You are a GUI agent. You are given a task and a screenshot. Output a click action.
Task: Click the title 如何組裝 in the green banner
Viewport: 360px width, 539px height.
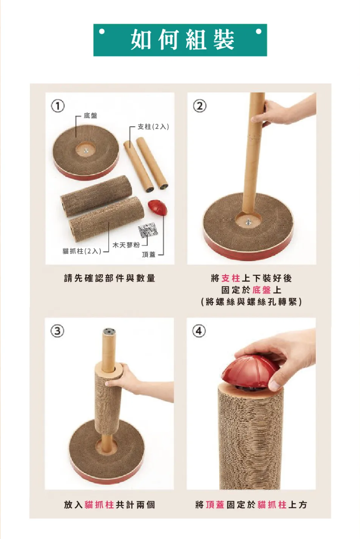(x=183, y=40)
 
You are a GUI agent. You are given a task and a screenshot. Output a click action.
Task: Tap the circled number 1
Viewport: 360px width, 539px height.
(x=58, y=106)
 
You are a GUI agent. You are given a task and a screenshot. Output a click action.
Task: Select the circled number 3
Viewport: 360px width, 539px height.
(x=57, y=331)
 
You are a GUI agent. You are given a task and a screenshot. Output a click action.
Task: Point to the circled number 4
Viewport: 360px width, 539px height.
(x=199, y=331)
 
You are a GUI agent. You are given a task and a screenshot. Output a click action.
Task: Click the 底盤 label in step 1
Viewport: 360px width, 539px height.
(x=90, y=116)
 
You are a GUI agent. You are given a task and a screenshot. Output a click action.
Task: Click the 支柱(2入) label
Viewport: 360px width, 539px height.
(x=153, y=127)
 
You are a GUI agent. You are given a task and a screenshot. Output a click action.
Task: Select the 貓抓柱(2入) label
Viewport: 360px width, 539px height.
(x=82, y=251)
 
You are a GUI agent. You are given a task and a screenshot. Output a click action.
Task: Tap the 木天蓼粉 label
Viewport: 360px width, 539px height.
(x=126, y=245)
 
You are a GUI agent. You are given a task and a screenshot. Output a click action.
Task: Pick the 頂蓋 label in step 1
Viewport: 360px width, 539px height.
(x=149, y=254)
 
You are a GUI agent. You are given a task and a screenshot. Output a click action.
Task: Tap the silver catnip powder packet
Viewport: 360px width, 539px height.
(x=148, y=229)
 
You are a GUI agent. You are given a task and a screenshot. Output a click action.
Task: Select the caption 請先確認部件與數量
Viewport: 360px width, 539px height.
(x=109, y=278)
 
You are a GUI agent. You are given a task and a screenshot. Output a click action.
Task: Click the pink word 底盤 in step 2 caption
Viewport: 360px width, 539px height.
(x=261, y=290)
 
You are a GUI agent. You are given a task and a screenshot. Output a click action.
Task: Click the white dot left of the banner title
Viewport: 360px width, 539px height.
(x=102, y=32)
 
